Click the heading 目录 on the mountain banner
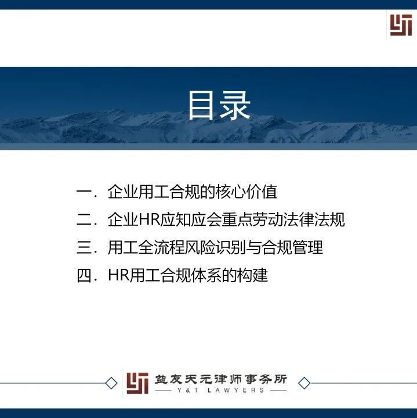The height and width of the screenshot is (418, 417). (x=219, y=105)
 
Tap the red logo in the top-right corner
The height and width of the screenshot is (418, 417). (x=401, y=25)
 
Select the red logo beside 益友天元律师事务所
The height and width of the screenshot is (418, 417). (x=137, y=383)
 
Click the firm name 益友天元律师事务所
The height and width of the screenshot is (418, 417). (x=221, y=379)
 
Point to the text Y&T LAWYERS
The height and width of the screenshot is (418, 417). (x=221, y=390)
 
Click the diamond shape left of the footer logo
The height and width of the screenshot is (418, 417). (x=111, y=383)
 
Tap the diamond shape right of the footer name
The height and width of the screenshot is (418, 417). (x=304, y=383)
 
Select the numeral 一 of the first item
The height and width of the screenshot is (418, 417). (x=84, y=192)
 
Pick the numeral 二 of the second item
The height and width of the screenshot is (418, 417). (x=84, y=219)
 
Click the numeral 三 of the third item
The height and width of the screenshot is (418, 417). (x=84, y=247)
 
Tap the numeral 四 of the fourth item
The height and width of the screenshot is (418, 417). (x=84, y=275)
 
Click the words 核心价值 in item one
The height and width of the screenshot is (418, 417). (x=246, y=192)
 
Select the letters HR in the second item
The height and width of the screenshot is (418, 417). (x=150, y=219)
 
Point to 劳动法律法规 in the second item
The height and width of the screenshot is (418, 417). (x=298, y=219)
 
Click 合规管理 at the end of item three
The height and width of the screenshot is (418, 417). (x=292, y=247)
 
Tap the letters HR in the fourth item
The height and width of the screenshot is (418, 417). (x=119, y=275)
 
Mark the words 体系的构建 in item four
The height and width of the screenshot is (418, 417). (x=230, y=275)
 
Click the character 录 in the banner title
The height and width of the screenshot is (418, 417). (x=235, y=105)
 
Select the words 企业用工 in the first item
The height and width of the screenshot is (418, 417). (x=139, y=192)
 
